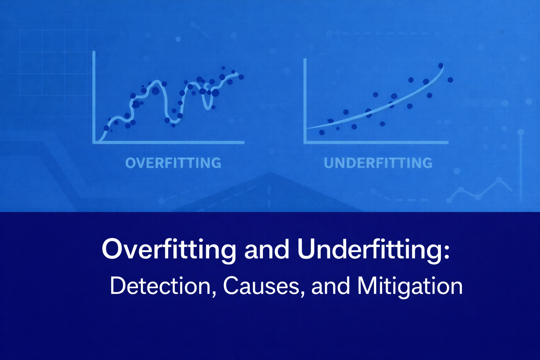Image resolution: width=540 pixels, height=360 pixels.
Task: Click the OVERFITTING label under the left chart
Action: [x=173, y=163]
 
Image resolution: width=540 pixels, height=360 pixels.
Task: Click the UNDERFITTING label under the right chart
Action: [x=378, y=163]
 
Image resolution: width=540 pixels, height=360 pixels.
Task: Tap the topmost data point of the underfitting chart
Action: [x=441, y=66]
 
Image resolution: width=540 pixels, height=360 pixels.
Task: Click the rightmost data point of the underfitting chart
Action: [x=450, y=80]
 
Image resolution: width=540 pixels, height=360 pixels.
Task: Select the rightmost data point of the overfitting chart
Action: [x=241, y=77]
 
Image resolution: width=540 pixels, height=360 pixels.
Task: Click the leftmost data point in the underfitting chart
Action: [x=322, y=132]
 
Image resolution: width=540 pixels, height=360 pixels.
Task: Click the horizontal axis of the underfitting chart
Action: [x=376, y=142]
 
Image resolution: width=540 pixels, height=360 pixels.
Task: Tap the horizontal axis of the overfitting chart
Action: [x=168, y=142]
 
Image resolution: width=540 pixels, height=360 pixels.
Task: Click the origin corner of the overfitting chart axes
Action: [x=94, y=142]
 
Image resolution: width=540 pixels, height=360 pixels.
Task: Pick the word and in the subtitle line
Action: [x=330, y=287]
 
